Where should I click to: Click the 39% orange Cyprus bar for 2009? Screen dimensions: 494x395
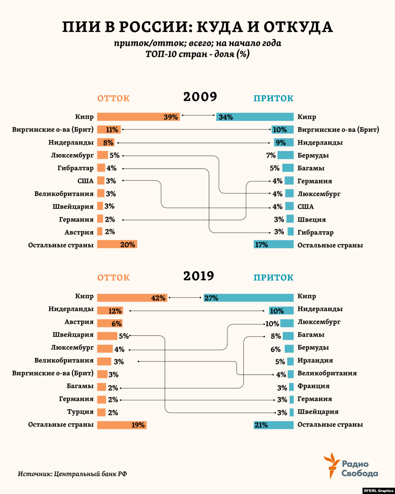[x=138, y=117]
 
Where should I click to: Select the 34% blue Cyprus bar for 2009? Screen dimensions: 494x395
[x=255, y=117]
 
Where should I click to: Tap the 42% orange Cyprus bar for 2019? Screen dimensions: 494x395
[x=132, y=298]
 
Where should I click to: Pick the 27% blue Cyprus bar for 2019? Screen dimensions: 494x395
[x=248, y=298]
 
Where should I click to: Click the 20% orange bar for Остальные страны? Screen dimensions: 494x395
[x=117, y=244]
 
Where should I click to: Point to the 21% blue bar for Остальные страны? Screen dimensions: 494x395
[x=273, y=425]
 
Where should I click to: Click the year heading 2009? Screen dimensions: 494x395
[x=200, y=96]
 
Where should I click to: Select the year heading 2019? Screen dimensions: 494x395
[x=199, y=276]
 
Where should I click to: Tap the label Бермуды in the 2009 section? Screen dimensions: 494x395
[x=313, y=156]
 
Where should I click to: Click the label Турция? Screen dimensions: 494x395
[x=80, y=412]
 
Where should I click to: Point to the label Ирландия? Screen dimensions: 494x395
[x=315, y=360]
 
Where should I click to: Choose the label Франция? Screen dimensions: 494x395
[x=314, y=386]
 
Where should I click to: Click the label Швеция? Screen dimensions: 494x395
[x=312, y=220]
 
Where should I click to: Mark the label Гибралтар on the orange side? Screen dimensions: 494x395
[x=76, y=168]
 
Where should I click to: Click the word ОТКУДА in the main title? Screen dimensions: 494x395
[x=298, y=27]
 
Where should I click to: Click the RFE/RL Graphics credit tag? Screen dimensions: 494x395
[x=378, y=491]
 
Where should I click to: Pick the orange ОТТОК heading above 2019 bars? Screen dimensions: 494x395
[x=113, y=277]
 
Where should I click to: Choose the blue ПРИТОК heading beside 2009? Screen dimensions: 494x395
[x=273, y=98]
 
